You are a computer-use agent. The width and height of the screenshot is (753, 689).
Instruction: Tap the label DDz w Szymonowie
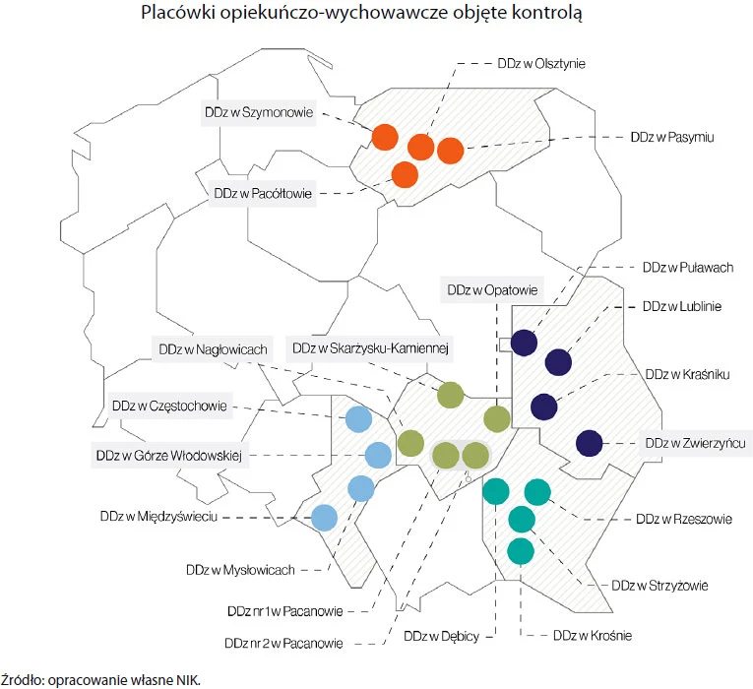click(259, 113)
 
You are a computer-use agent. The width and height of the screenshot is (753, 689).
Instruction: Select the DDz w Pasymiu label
click(671, 138)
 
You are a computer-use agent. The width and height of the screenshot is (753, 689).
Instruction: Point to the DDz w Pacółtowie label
click(262, 193)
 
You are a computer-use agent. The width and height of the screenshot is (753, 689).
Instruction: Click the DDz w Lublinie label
click(682, 306)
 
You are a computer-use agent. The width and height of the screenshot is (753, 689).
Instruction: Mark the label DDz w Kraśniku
click(683, 375)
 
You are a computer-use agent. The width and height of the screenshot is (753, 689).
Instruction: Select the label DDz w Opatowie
click(491, 290)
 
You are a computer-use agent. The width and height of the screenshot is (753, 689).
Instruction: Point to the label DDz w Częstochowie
click(170, 405)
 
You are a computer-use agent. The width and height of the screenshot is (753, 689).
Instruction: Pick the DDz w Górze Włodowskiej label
click(168, 456)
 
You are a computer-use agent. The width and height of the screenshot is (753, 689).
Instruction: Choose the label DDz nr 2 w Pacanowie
click(283, 644)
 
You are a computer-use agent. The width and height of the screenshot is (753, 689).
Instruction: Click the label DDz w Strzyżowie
click(659, 586)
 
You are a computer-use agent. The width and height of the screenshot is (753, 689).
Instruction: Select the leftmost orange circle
click(383, 137)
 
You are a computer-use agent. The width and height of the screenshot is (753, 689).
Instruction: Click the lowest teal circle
click(521, 551)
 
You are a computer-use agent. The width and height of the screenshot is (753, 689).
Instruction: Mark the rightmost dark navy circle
click(589, 444)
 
